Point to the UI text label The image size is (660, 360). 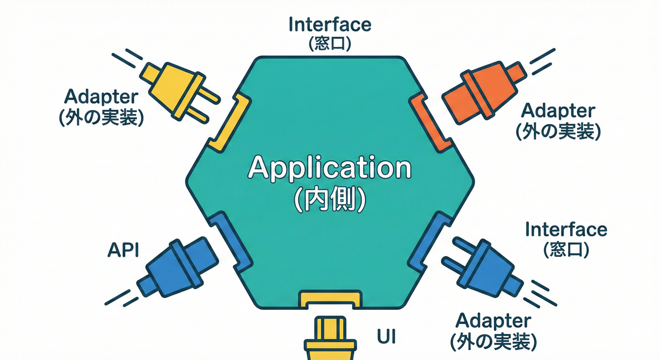click(x=386, y=336)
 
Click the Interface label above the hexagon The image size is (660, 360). click(x=330, y=24)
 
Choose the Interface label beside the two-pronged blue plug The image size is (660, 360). click(x=566, y=230)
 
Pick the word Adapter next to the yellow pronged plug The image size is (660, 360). click(x=101, y=97)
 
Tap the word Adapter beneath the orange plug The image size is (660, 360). click(x=558, y=111)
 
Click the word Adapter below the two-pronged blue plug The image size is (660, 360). click(x=493, y=321)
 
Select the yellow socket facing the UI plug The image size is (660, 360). click(x=330, y=299)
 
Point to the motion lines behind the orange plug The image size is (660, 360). click(x=541, y=61)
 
